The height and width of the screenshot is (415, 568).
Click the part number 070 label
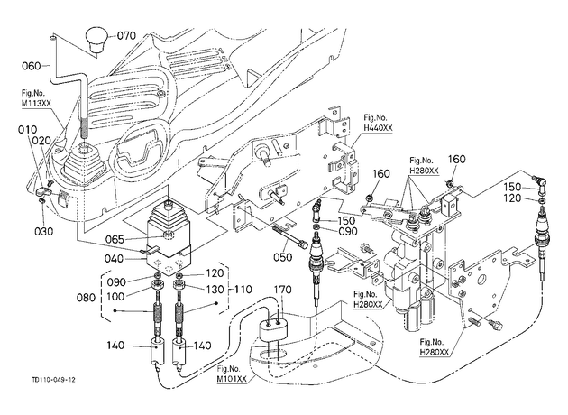coord(126,35)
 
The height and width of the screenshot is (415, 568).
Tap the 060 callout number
coord(32,66)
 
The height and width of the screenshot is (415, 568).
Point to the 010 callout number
coord(28,129)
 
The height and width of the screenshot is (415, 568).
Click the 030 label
coord(44,231)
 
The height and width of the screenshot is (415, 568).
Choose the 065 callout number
coord(115,240)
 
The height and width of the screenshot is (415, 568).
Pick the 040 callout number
coord(114,259)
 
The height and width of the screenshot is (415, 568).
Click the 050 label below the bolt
coord(282,257)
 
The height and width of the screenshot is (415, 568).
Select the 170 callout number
coord(282,290)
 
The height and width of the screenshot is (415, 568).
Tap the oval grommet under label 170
coord(273,328)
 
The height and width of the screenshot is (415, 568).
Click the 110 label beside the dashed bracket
coord(243,290)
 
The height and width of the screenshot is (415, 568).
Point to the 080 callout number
coord(86,297)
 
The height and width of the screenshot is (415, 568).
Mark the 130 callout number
coord(215,290)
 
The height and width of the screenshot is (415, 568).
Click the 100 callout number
coord(115,296)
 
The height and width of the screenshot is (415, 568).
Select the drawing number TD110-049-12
coord(53,380)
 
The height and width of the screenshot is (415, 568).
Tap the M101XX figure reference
coord(232,379)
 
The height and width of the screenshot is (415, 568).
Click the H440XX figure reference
coord(378,128)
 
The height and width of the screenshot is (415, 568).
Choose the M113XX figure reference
coord(36,103)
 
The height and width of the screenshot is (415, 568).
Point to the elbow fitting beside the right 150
coord(540,183)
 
